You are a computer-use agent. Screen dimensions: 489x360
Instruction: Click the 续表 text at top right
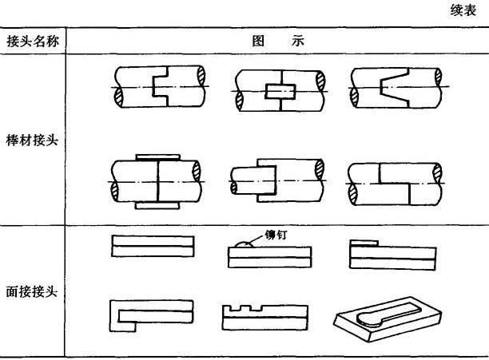463,10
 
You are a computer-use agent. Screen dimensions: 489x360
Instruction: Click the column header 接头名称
33,41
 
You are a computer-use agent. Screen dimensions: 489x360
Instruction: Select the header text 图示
278,41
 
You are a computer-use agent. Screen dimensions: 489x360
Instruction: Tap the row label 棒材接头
32,140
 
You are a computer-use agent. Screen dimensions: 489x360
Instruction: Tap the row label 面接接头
32,292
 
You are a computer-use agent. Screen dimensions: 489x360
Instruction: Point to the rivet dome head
245,245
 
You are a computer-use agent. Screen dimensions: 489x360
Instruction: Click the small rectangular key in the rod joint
280,91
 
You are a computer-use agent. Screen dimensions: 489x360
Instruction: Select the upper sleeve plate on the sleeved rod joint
157,157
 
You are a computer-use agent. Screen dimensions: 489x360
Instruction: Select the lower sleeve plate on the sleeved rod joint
157,205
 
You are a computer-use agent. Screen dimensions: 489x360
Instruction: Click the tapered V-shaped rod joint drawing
396,88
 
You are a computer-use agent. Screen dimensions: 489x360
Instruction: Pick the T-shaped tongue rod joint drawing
159,86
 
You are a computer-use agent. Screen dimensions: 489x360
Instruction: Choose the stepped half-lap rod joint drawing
394,184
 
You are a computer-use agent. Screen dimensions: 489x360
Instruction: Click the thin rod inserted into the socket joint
253,180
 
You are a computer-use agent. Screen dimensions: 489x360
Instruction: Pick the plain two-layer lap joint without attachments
153,247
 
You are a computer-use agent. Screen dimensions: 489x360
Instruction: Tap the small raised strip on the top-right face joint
364,243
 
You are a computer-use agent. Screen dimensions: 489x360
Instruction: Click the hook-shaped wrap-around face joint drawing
152,316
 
